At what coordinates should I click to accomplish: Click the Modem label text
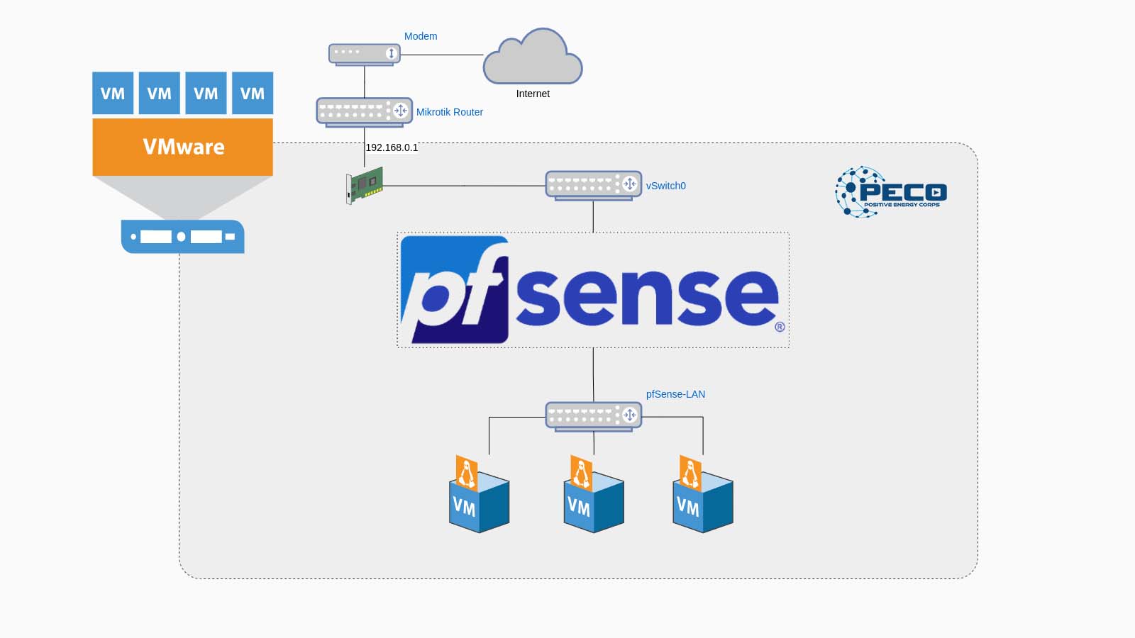[x=421, y=36]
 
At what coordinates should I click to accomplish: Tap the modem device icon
[x=365, y=54]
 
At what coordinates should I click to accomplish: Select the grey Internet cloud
[x=533, y=56]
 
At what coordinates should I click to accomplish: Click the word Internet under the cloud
[x=533, y=94]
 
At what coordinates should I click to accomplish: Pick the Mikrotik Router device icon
[x=365, y=112]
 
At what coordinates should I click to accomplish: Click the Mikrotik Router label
[x=450, y=113]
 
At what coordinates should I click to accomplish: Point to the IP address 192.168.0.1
[x=392, y=148]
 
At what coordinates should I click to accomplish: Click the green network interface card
[x=365, y=185]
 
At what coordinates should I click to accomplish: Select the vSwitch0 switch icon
[x=593, y=185]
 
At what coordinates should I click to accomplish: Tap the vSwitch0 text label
[x=666, y=186]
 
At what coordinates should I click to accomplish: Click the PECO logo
[x=891, y=192]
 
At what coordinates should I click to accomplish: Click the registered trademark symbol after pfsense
[x=780, y=327]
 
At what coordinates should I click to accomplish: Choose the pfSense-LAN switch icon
[x=593, y=416]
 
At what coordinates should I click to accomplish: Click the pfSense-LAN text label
[x=675, y=394]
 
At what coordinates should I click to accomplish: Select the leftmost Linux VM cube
[x=479, y=494]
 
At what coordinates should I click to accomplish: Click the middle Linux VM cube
[x=593, y=494]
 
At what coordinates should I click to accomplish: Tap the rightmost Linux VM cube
[x=703, y=494]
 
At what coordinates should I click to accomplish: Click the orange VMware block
[x=182, y=147]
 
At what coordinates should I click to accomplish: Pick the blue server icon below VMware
[x=182, y=237]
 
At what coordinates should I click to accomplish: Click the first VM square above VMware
[x=113, y=93]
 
